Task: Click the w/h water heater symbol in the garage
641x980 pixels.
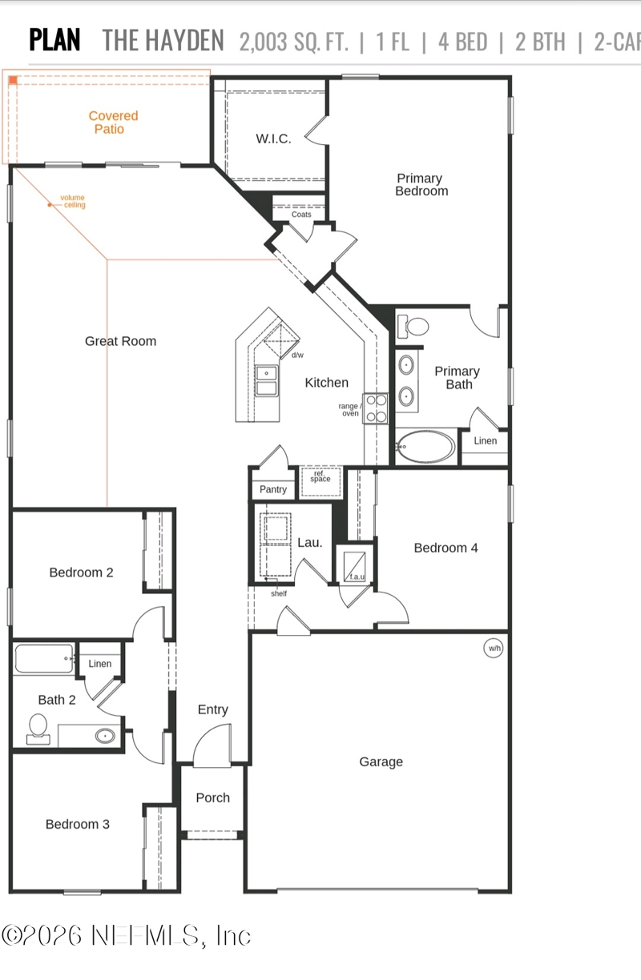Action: (x=494, y=649)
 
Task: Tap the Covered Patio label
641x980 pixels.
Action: (x=113, y=122)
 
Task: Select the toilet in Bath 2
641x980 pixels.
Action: (x=37, y=728)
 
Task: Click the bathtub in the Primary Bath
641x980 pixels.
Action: (x=425, y=447)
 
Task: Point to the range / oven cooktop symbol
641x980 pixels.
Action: (x=376, y=408)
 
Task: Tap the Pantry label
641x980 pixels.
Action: (x=273, y=489)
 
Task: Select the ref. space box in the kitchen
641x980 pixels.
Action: (x=320, y=481)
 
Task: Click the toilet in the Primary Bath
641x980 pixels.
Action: (x=414, y=326)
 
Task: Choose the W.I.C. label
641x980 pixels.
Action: (x=273, y=139)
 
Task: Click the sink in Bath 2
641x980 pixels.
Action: (x=104, y=735)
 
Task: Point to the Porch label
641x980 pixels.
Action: (x=212, y=797)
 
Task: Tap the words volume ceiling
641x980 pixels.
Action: (x=74, y=202)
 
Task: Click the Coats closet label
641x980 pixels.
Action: (x=301, y=215)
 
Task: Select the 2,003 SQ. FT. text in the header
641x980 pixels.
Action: (x=293, y=42)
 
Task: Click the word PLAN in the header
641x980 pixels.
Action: (x=54, y=40)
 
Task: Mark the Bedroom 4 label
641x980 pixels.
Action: (x=445, y=548)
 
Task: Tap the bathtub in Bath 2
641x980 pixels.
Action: (x=43, y=660)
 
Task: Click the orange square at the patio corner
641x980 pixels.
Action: (x=13, y=79)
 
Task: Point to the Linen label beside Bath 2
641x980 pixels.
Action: (x=100, y=664)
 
